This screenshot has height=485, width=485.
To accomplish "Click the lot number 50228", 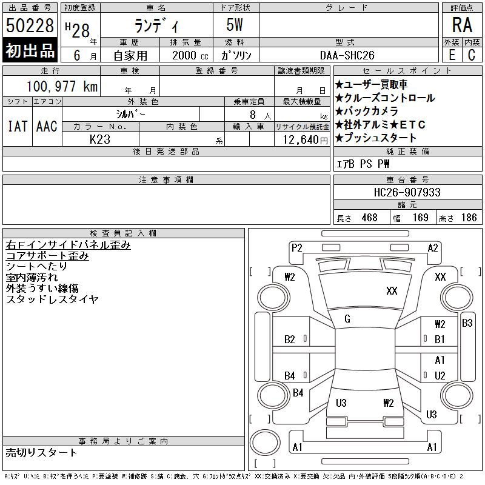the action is pos(30,25).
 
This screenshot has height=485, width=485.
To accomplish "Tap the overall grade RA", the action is pos(462,25).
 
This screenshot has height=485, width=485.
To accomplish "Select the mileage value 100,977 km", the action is pos(62,86).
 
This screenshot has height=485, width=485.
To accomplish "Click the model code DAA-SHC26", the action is pos(347,55).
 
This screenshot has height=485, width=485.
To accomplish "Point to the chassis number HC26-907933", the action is pos(407,192).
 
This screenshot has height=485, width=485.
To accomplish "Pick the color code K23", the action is pos(100,139).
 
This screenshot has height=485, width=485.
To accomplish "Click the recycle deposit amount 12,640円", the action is pos(306,140).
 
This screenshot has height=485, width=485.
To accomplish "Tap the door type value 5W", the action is pos(235,25).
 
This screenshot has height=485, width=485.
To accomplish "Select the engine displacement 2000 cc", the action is pos(190,55).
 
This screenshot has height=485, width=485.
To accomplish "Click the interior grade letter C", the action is pos(472,55).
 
